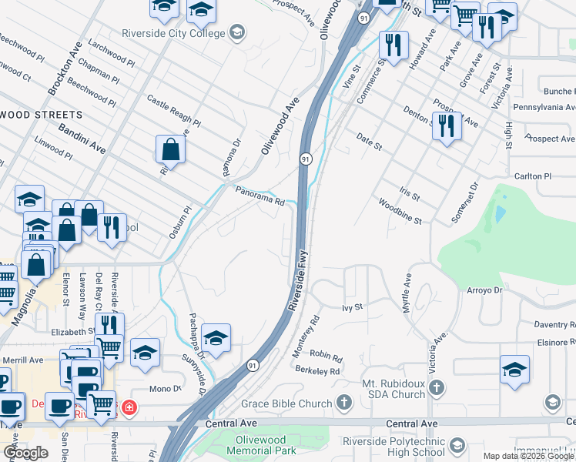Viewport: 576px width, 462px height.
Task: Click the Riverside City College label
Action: tap(173, 33)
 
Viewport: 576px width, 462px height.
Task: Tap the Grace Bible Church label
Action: tap(286, 403)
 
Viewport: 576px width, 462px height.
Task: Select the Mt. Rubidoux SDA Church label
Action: tap(393, 389)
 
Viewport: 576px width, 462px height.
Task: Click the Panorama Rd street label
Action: tap(260, 197)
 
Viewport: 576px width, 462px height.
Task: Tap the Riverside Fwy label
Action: tap(299, 278)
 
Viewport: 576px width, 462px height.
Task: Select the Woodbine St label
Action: tap(400, 212)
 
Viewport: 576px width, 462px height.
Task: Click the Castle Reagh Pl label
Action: tap(173, 112)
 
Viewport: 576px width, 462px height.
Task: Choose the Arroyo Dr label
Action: tap(484, 290)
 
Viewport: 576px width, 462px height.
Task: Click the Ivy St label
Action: tap(352, 307)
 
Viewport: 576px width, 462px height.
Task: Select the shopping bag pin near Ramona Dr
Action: tap(170, 150)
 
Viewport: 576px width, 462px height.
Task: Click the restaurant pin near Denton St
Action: tap(447, 125)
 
